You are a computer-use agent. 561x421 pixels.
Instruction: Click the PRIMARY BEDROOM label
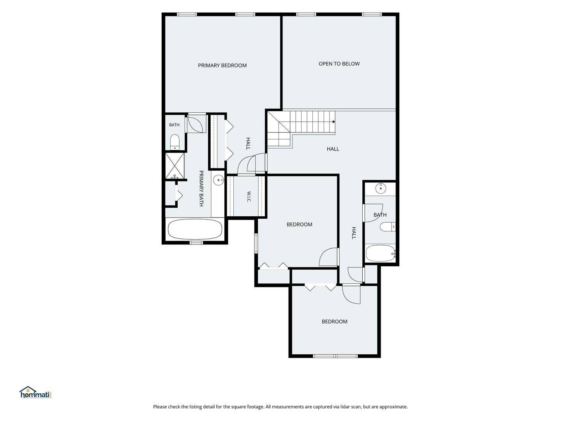coord(222,65)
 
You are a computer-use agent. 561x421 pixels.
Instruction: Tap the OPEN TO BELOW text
coord(339,64)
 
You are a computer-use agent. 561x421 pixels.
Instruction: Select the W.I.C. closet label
coord(249,196)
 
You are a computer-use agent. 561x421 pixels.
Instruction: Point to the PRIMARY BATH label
coord(201,188)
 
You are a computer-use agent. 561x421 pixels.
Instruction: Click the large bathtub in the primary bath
coord(195,229)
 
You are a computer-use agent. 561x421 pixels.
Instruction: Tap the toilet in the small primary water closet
coord(175,142)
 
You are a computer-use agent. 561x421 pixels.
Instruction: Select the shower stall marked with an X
coord(175,166)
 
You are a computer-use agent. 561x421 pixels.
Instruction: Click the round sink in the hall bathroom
coord(381,188)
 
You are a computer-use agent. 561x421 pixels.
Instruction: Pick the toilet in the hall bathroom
coord(388,227)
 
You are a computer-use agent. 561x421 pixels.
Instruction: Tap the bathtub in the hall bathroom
coord(381,253)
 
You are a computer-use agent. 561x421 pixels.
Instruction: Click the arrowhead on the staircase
coord(333,122)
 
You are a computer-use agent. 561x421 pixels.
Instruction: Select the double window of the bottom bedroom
coord(335,356)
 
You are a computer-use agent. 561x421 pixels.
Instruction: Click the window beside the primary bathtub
coord(196,242)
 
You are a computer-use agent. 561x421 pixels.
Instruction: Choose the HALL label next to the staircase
coord(333,149)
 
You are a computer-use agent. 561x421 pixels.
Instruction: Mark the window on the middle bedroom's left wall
coord(256,243)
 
